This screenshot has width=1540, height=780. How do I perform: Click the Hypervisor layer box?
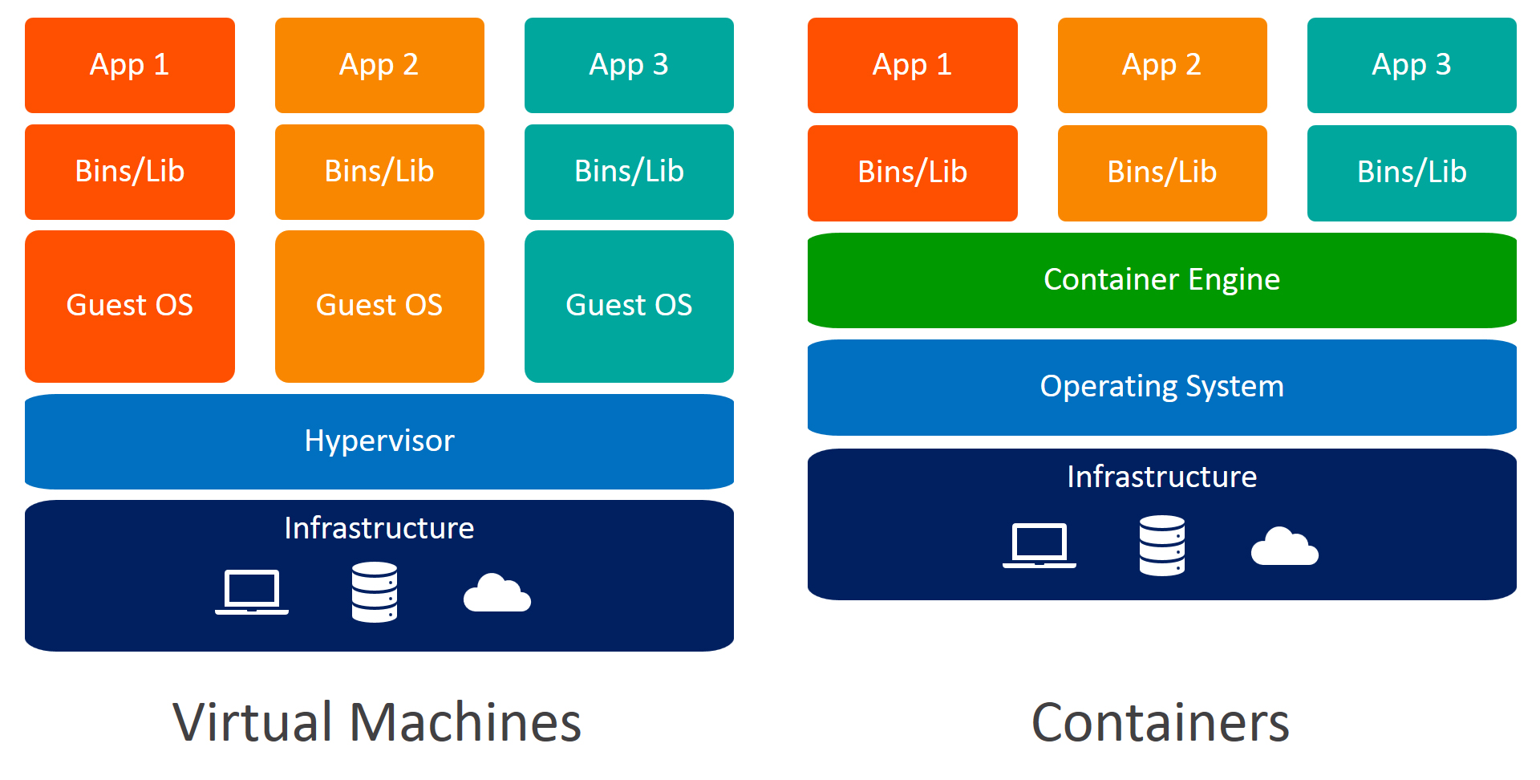point(379,441)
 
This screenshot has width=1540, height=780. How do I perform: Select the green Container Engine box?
point(1161,280)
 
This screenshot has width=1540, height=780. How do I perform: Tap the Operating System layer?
point(1161,387)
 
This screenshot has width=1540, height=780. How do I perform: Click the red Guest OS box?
point(130,306)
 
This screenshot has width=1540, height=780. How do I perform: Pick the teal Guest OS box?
point(629,306)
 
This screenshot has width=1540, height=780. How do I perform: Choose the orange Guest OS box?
point(379,306)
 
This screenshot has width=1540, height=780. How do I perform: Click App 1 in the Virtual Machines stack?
point(130,65)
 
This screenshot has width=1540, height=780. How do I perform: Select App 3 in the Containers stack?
point(1412,65)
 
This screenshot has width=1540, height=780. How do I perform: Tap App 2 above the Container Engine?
point(1162,65)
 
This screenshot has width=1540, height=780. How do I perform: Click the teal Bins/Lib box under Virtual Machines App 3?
point(629,172)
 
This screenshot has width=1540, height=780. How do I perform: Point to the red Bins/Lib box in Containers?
point(913,173)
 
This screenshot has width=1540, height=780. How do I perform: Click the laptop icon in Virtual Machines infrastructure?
point(252,592)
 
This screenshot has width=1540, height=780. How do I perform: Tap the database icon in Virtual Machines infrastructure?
point(375,592)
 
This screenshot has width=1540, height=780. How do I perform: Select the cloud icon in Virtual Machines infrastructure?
point(497,594)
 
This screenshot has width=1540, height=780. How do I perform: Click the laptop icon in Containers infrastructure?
point(1039,546)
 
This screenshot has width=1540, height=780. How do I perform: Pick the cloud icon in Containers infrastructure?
point(1285,547)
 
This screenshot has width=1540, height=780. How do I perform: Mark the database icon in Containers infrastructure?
point(1162,546)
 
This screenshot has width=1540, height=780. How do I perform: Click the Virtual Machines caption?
point(377,722)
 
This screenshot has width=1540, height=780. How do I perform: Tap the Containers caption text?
point(1161,723)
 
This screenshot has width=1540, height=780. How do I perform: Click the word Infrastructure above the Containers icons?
point(1161,477)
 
